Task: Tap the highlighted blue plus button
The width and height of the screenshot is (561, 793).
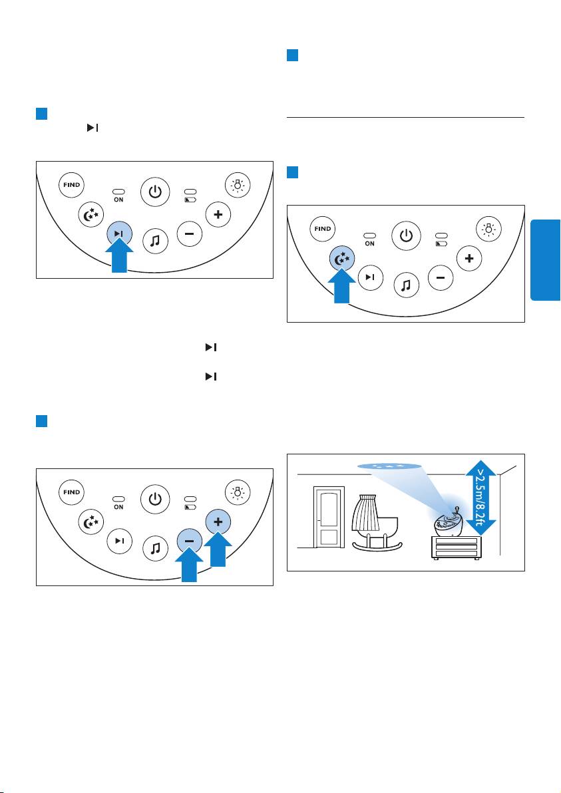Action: [x=218, y=522]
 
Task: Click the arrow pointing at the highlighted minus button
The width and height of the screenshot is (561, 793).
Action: [x=189, y=564]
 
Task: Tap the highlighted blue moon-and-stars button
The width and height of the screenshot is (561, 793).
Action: [x=342, y=259]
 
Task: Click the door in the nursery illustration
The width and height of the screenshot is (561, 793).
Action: [x=329, y=517]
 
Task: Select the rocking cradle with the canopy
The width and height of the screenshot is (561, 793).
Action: [x=377, y=522]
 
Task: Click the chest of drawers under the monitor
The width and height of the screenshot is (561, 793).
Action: [x=456, y=548]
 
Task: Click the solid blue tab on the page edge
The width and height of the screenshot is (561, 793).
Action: [x=545, y=260]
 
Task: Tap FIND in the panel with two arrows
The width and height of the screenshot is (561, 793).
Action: [x=72, y=492]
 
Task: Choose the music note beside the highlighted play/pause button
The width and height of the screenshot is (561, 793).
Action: [x=155, y=241]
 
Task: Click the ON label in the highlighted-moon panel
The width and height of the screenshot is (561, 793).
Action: [x=370, y=243]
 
